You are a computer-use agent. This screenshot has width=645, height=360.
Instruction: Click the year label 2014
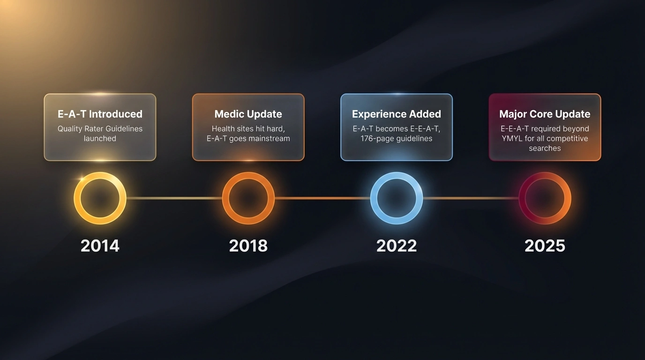(100, 246)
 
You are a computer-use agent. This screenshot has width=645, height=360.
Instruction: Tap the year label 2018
(248, 246)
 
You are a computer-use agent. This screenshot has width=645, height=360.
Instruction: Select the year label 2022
(397, 246)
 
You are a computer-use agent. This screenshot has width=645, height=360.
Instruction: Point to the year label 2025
(545, 246)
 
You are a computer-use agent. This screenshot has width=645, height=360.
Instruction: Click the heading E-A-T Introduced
(100, 114)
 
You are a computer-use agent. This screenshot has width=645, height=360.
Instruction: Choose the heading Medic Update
(248, 114)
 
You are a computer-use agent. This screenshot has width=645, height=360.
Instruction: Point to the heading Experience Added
(397, 114)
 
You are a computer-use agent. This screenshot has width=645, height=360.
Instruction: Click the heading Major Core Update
(545, 114)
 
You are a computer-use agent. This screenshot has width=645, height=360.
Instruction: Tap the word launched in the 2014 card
(100, 139)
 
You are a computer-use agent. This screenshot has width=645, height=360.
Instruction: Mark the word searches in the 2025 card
(545, 148)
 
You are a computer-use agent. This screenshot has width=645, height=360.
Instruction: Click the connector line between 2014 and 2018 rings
(174, 198)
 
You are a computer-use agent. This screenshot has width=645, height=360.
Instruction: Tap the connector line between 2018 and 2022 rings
(322, 198)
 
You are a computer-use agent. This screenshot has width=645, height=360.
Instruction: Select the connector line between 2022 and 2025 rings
(471, 198)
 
